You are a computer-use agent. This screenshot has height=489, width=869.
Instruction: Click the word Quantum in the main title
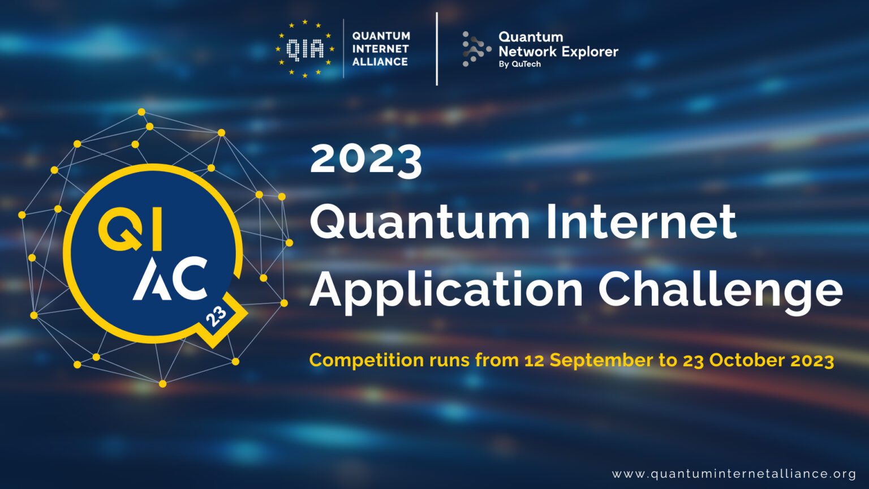coord(420,222)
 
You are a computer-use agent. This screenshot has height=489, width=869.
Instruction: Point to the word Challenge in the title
coord(720,290)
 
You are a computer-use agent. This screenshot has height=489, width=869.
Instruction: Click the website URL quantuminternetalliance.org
coord(734,474)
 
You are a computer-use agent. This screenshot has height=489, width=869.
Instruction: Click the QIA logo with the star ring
coord(305,49)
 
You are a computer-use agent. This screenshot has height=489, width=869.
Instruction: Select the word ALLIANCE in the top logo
coord(380,62)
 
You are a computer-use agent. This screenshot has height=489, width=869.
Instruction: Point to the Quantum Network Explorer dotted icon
coord(474,49)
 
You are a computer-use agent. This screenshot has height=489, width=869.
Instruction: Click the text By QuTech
coord(519,65)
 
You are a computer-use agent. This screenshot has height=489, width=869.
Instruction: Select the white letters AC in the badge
coord(170,278)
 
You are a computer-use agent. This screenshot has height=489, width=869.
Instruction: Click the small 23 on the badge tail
coord(216,317)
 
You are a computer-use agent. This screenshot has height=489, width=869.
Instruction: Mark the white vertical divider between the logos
coord(437,49)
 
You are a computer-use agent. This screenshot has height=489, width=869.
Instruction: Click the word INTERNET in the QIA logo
coord(380,49)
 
